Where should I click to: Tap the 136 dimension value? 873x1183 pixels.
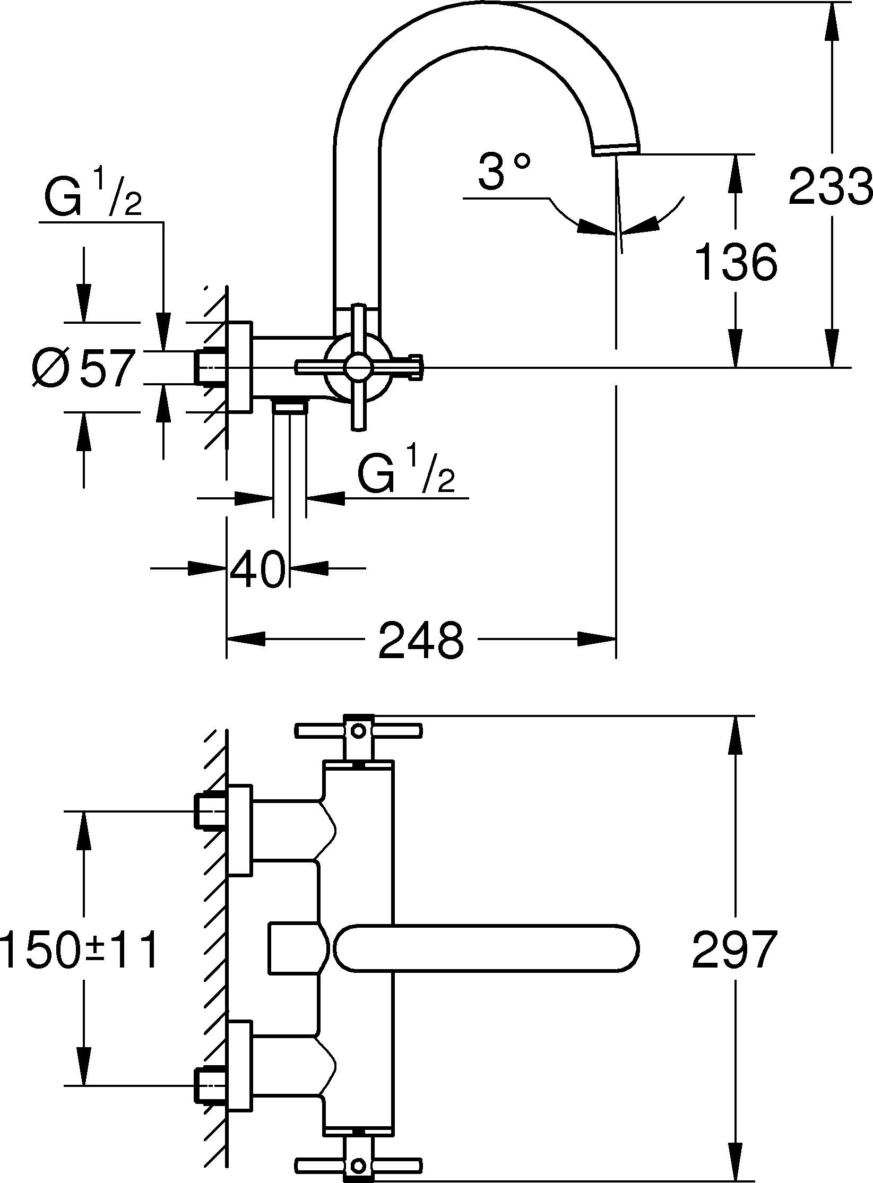click(736, 262)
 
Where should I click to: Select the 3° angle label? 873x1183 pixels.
click(503, 171)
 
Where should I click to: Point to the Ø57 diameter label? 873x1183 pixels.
click(83, 367)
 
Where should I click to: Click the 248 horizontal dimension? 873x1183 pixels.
click(421, 641)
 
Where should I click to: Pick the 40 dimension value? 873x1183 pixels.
click(257, 568)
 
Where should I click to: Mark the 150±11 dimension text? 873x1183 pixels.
click(80, 949)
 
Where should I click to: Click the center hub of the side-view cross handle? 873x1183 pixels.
click(359, 367)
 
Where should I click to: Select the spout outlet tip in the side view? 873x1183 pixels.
click(616, 150)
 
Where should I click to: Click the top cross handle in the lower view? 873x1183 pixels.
click(359, 731)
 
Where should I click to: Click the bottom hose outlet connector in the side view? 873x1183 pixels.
click(289, 407)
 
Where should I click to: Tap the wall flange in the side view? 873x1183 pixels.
click(239, 367)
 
